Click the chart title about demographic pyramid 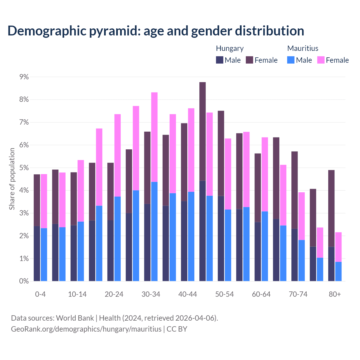pyautogui.click(x=156, y=31)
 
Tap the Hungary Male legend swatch pyautogui.click(x=219, y=60)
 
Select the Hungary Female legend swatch pyautogui.click(x=249, y=60)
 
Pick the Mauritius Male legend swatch pyautogui.click(x=291, y=60)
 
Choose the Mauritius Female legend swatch pyautogui.click(x=321, y=60)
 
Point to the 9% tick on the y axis pyautogui.click(x=24, y=77)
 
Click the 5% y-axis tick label pyautogui.click(x=24, y=168)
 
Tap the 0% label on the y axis pyautogui.click(x=24, y=281)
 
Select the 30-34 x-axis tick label pyautogui.click(x=151, y=294)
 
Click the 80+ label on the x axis pyautogui.click(x=335, y=294)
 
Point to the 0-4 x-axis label pyautogui.click(x=40, y=294)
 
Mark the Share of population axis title pyautogui.click(x=12, y=179)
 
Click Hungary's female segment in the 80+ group pyautogui.click(x=331, y=208)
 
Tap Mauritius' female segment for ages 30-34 pyautogui.click(x=154, y=137)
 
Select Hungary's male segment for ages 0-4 pyautogui.click(x=37, y=253)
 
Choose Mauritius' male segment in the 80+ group pyautogui.click(x=338, y=271)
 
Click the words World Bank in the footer pyautogui.click(x=75, y=318)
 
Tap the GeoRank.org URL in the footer pyautogui.click(x=86, y=329)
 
